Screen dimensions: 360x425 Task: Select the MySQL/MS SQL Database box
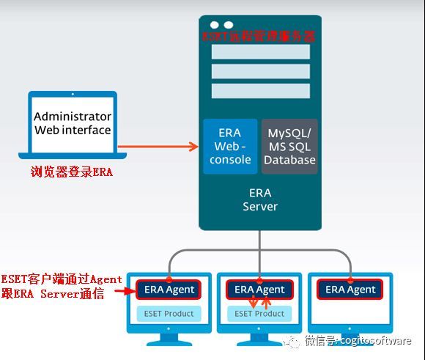(x=289, y=147)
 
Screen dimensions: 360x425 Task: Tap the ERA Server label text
(x=260, y=200)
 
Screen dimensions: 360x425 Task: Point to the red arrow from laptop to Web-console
(x=158, y=147)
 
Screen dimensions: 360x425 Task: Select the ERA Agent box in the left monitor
(x=169, y=290)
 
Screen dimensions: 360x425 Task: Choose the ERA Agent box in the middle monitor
(x=260, y=290)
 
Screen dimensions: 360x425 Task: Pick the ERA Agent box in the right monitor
(x=351, y=290)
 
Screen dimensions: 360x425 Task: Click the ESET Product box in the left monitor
(x=169, y=314)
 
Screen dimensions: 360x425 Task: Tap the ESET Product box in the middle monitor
(x=260, y=314)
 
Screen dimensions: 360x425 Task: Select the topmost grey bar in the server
(x=260, y=52)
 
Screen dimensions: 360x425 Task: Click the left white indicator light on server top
(x=213, y=25)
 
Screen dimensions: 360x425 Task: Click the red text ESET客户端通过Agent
(x=62, y=279)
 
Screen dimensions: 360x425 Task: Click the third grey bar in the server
(x=260, y=91)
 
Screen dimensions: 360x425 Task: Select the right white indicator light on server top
(x=229, y=25)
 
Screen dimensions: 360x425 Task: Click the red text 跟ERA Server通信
(x=53, y=294)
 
